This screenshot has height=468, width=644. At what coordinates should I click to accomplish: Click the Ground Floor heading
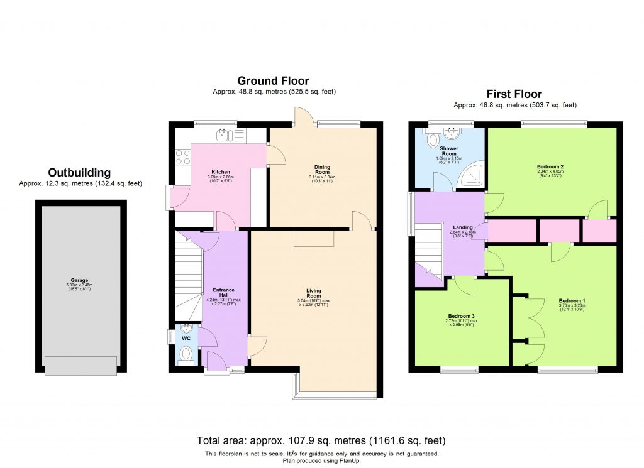273,80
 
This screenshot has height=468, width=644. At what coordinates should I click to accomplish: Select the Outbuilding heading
80,173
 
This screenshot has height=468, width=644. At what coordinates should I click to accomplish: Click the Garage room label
79,280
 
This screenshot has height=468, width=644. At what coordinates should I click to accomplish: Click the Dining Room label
322,169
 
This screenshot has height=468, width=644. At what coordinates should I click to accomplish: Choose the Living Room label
314,294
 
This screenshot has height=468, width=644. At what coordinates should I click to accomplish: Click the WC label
186,339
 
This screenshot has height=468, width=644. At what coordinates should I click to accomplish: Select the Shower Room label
448,151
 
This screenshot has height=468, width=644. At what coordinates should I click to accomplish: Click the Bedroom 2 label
553,166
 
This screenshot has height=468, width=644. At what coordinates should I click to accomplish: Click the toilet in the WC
187,356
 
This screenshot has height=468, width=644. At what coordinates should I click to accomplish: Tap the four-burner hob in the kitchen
182,156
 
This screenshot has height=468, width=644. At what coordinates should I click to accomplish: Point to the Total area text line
321,440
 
